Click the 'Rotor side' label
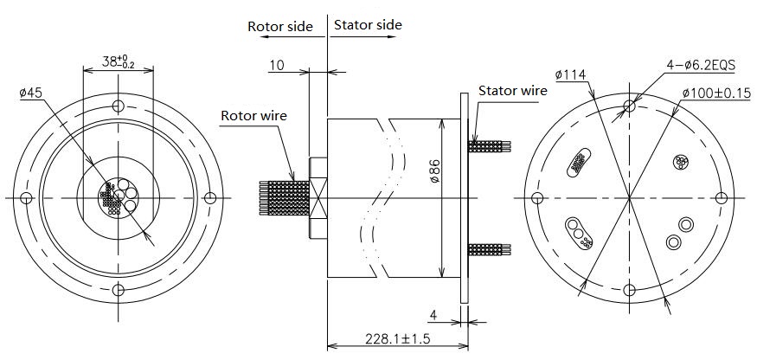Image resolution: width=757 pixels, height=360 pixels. [279, 25]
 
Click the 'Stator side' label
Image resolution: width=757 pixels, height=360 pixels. [368, 24]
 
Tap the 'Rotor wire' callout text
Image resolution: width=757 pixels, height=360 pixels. [253, 115]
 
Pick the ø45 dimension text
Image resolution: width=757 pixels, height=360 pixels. [30, 93]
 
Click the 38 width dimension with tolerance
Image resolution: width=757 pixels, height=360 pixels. [118, 61]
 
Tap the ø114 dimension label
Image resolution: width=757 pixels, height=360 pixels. [571, 75]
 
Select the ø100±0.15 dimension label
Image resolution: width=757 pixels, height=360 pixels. [715, 93]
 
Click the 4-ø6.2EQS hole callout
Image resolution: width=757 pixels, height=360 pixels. [702, 64]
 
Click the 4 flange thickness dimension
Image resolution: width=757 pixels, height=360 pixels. [433, 313]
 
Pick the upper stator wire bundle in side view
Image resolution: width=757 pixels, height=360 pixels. [490, 145]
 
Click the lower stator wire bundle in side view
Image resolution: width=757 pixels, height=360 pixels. [490, 250]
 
